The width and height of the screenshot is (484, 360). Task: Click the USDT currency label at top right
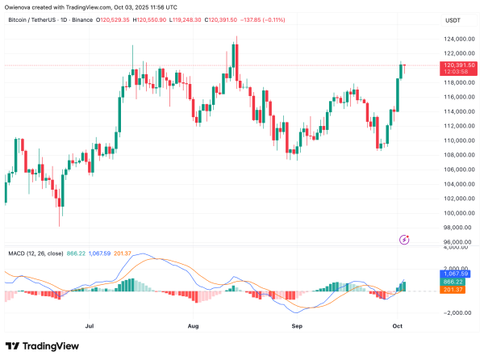(x=455, y=19)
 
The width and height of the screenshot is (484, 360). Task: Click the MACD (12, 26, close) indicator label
(x=37, y=253)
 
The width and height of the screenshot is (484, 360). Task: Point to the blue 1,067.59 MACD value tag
(x=457, y=274)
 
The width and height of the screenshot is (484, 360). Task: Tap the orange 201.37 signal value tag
(x=457, y=290)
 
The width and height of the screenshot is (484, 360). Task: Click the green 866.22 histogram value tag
(x=457, y=282)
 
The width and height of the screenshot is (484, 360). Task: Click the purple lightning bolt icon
(x=405, y=239)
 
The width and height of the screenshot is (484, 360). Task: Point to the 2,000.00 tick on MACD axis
(x=457, y=269)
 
